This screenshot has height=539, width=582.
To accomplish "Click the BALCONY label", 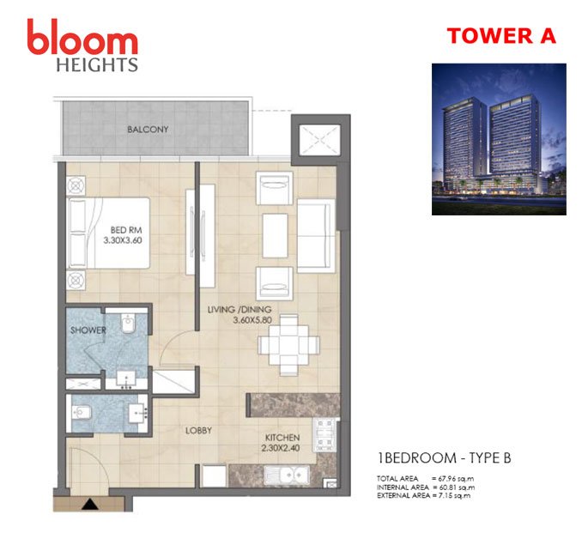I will click(148, 130).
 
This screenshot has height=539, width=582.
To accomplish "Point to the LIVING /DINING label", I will click(238, 309).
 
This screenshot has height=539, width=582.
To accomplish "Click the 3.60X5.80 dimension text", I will click(256, 321).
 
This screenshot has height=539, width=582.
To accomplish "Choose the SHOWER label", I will click(88, 330).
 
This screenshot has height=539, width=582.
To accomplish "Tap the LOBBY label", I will click(197, 431).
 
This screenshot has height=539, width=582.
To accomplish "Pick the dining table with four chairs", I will click(289, 337).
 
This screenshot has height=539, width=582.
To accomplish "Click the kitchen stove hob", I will click(325, 433).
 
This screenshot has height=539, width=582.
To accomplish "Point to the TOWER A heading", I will click(500, 35).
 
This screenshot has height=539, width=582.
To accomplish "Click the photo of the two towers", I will click(499, 139).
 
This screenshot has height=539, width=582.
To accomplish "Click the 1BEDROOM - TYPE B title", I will click(445, 457).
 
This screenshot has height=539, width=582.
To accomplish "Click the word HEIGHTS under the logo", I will click(96, 64).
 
